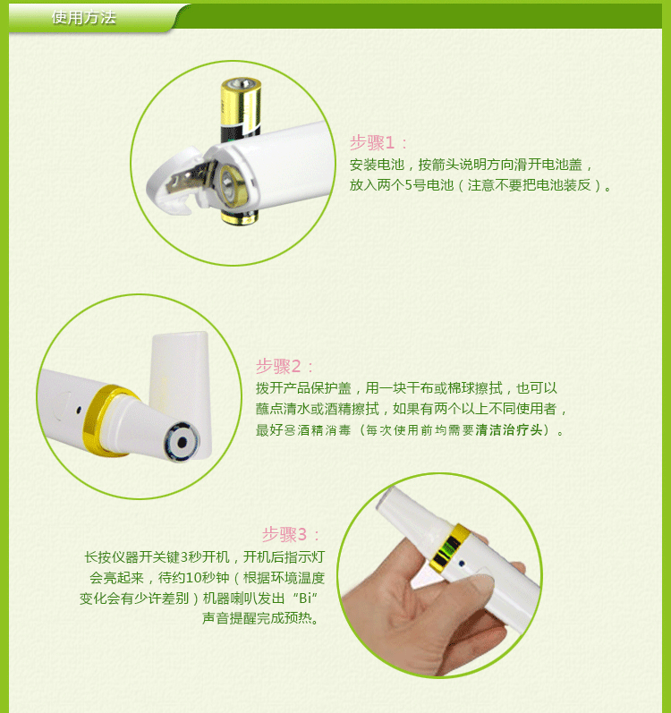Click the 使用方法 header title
pyautogui.click(x=83, y=17)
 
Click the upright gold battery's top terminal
pyautogui.click(x=241, y=84)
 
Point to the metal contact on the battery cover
pyautogui.click(x=190, y=180)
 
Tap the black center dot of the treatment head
pyautogui.click(x=182, y=442)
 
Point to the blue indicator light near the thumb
pyautogui.click(x=462, y=564)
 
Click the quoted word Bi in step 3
pyautogui.click(x=306, y=598)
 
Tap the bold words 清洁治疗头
pyautogui.click(x=509, y=429)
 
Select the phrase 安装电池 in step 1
pyautogui.click(x=377, y=165)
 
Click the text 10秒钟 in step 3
pyautogui.click(x=207, y=578)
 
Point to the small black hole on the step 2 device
pyautogui.click(x=79, y=409)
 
